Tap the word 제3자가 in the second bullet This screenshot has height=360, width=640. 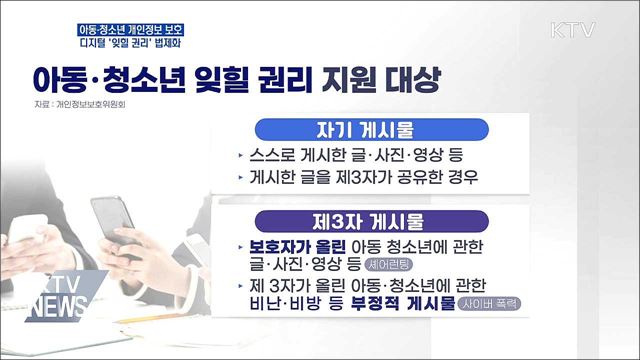[388, 180]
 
